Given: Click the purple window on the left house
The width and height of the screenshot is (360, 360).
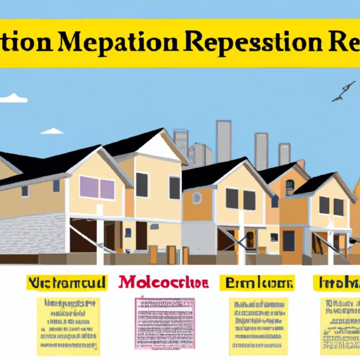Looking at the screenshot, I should click(x=98, y=188).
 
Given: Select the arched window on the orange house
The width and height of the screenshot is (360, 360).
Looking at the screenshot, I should click(x=290, y=186).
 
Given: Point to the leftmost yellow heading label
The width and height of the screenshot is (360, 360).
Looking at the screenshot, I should click(x=67, y=283).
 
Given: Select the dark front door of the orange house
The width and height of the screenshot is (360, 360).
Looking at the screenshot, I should click(x=288, y=240).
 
